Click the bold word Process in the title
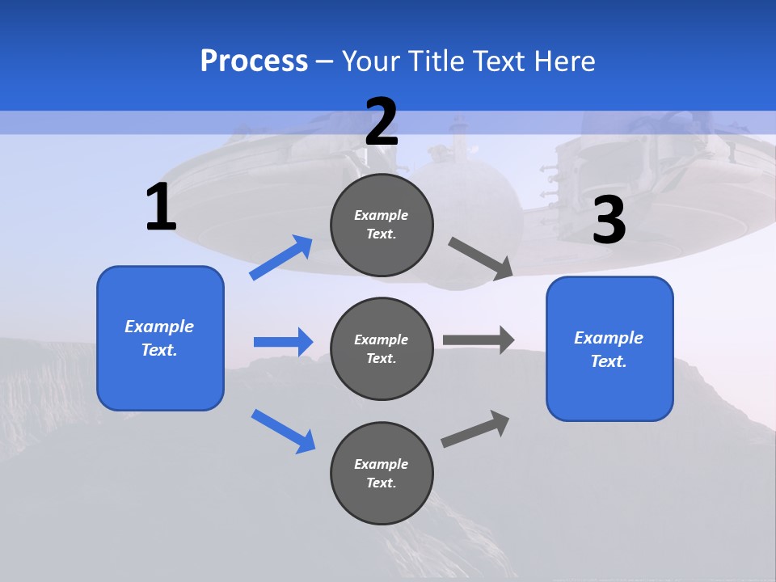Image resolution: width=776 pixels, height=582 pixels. [x=254, y=61]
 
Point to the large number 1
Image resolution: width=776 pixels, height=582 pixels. [x=161, y=208]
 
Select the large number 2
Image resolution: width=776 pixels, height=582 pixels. [x=382, y=122]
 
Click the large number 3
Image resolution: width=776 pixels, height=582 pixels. [x=609, y=221]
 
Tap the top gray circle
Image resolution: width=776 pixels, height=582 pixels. [x=382, y=225]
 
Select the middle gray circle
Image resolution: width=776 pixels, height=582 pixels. [x=382, y=348]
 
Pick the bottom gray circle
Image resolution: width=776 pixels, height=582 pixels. [x=382, y=473]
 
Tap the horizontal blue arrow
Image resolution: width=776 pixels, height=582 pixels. [x=283, y=342]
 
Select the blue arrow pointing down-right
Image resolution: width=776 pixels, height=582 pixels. [x=283, y=431]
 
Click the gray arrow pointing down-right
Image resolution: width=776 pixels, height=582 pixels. [x=482, y=259]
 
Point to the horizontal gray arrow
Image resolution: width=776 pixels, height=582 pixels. [x=479, y=339]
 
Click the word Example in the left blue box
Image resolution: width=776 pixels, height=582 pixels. [x=159, y=327]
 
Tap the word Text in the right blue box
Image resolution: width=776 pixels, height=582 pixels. [x=608, y=361]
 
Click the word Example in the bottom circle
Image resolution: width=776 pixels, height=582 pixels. [x=382, y=464]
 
